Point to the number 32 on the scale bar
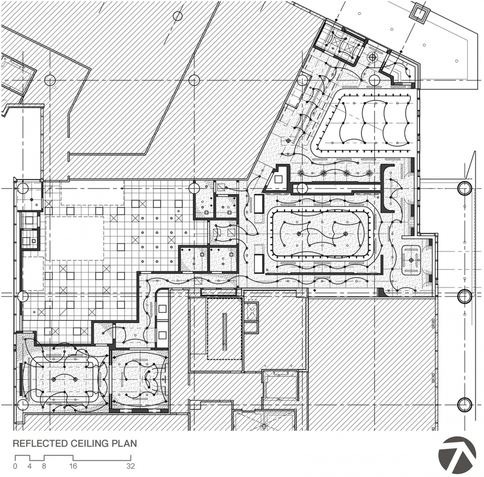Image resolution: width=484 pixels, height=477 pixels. coord(131,466)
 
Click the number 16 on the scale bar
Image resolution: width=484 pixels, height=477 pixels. coord(73,466)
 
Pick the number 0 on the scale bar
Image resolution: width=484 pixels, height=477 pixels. coord(15,466)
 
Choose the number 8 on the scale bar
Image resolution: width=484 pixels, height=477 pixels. coord(44,466)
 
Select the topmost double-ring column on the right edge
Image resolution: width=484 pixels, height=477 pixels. coord(464,189)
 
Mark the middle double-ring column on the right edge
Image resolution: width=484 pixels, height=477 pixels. coord(464,296)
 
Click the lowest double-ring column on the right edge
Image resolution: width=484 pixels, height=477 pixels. coord(464,404)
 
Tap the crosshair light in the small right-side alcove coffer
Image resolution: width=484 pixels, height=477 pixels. coord(412,260)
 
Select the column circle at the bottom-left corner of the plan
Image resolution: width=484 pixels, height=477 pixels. coord(22,405)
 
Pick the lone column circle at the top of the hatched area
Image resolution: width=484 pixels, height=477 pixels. coord(177,16)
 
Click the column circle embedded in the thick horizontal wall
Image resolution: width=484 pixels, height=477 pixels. coord(301,189)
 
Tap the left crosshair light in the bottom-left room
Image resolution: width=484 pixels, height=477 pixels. coord(54,379)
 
